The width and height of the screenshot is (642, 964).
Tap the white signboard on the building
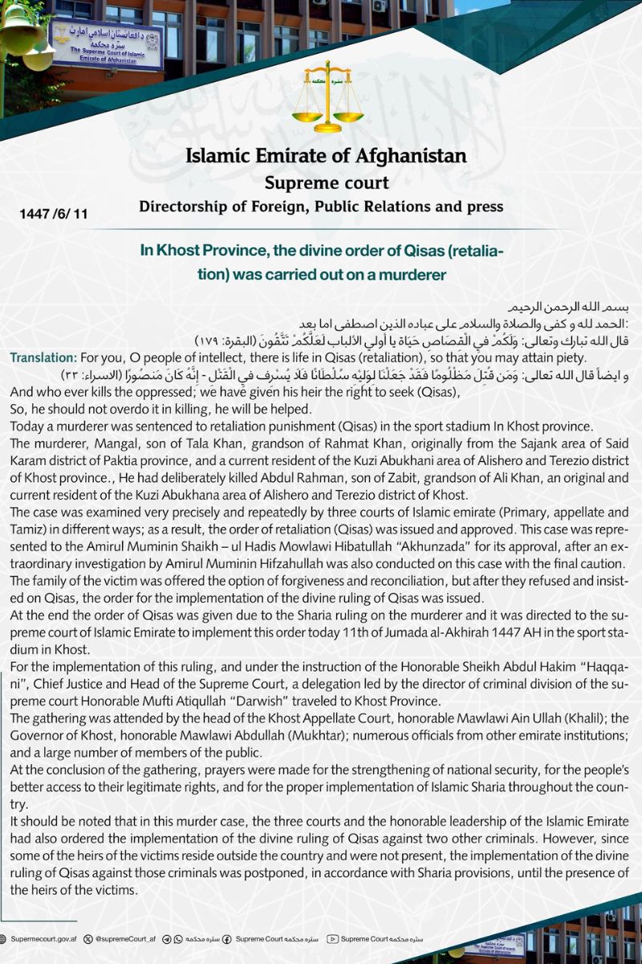106,43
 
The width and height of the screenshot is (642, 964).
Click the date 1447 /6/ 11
54,214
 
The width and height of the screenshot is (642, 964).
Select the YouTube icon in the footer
333,938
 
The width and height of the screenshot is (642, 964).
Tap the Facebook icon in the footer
227,938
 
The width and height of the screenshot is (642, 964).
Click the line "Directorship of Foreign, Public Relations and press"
321,207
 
